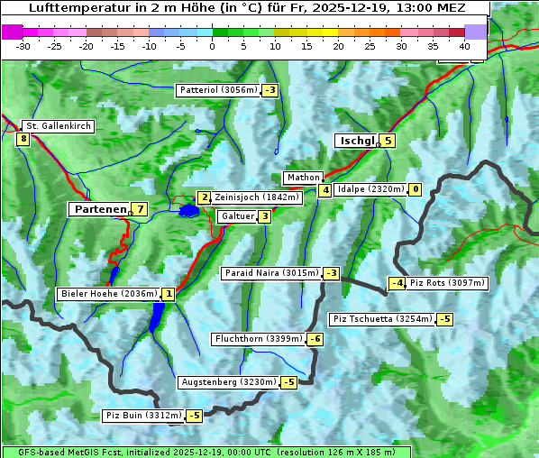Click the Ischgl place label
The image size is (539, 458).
357,141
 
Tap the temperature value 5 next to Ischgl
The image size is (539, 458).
388,141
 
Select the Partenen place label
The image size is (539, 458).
99,209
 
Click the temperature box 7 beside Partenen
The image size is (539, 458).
139,209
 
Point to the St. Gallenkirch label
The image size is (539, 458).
58,126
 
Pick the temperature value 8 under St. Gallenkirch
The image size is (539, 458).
23,139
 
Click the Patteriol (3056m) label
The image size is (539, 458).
219,90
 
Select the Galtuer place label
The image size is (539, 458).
237,216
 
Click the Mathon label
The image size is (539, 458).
302,178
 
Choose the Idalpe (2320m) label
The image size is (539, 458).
370,189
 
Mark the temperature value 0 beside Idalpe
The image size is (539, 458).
415,189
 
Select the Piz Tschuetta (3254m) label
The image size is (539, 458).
382,319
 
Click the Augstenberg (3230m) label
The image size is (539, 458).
229,382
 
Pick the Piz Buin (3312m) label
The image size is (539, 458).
142,416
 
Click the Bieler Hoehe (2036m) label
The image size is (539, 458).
108,294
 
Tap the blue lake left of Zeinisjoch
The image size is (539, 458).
188,211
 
